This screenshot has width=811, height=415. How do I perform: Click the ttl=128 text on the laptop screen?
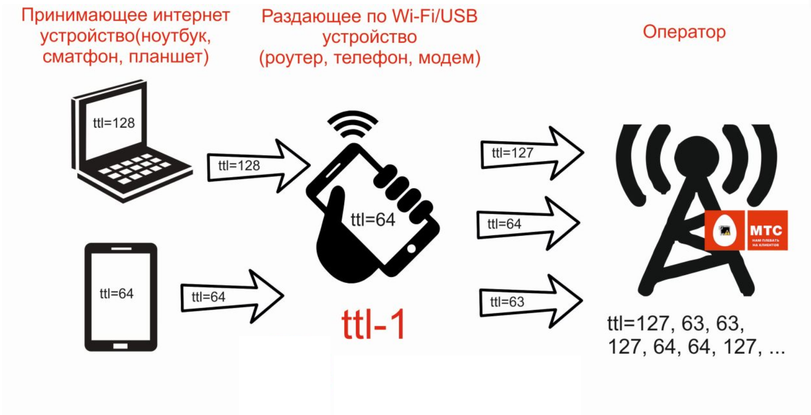coord(114,123)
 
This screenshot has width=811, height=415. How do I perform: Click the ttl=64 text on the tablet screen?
coord(116,293)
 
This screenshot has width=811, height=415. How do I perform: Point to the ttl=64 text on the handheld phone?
coord(373,220)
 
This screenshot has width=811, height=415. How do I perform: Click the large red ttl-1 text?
coord(374,324)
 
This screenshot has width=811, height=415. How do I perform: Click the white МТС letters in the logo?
coord(766,230)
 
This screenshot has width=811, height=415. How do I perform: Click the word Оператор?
coord(684,32)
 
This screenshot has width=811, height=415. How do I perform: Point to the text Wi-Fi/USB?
coord(435,16)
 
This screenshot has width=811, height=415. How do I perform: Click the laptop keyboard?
coord(134,167)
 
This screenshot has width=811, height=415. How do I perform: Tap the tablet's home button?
coord(120,346)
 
